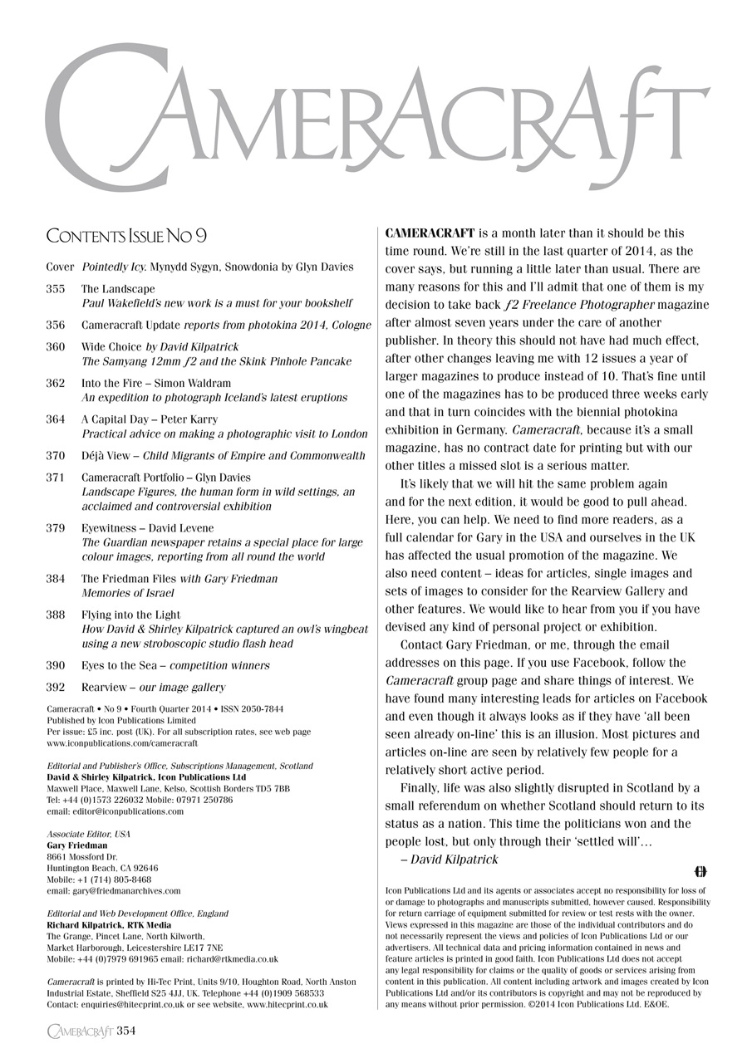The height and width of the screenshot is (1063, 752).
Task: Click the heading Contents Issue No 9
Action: click(x=126, y=238)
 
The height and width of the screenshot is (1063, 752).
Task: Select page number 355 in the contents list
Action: click(x=56, y=289)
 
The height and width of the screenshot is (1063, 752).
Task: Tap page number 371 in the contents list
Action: click(x=56, y=478)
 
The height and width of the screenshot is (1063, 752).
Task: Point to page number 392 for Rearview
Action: click(x=56, y=688)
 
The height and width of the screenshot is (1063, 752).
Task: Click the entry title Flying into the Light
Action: click(x=130, y=615)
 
